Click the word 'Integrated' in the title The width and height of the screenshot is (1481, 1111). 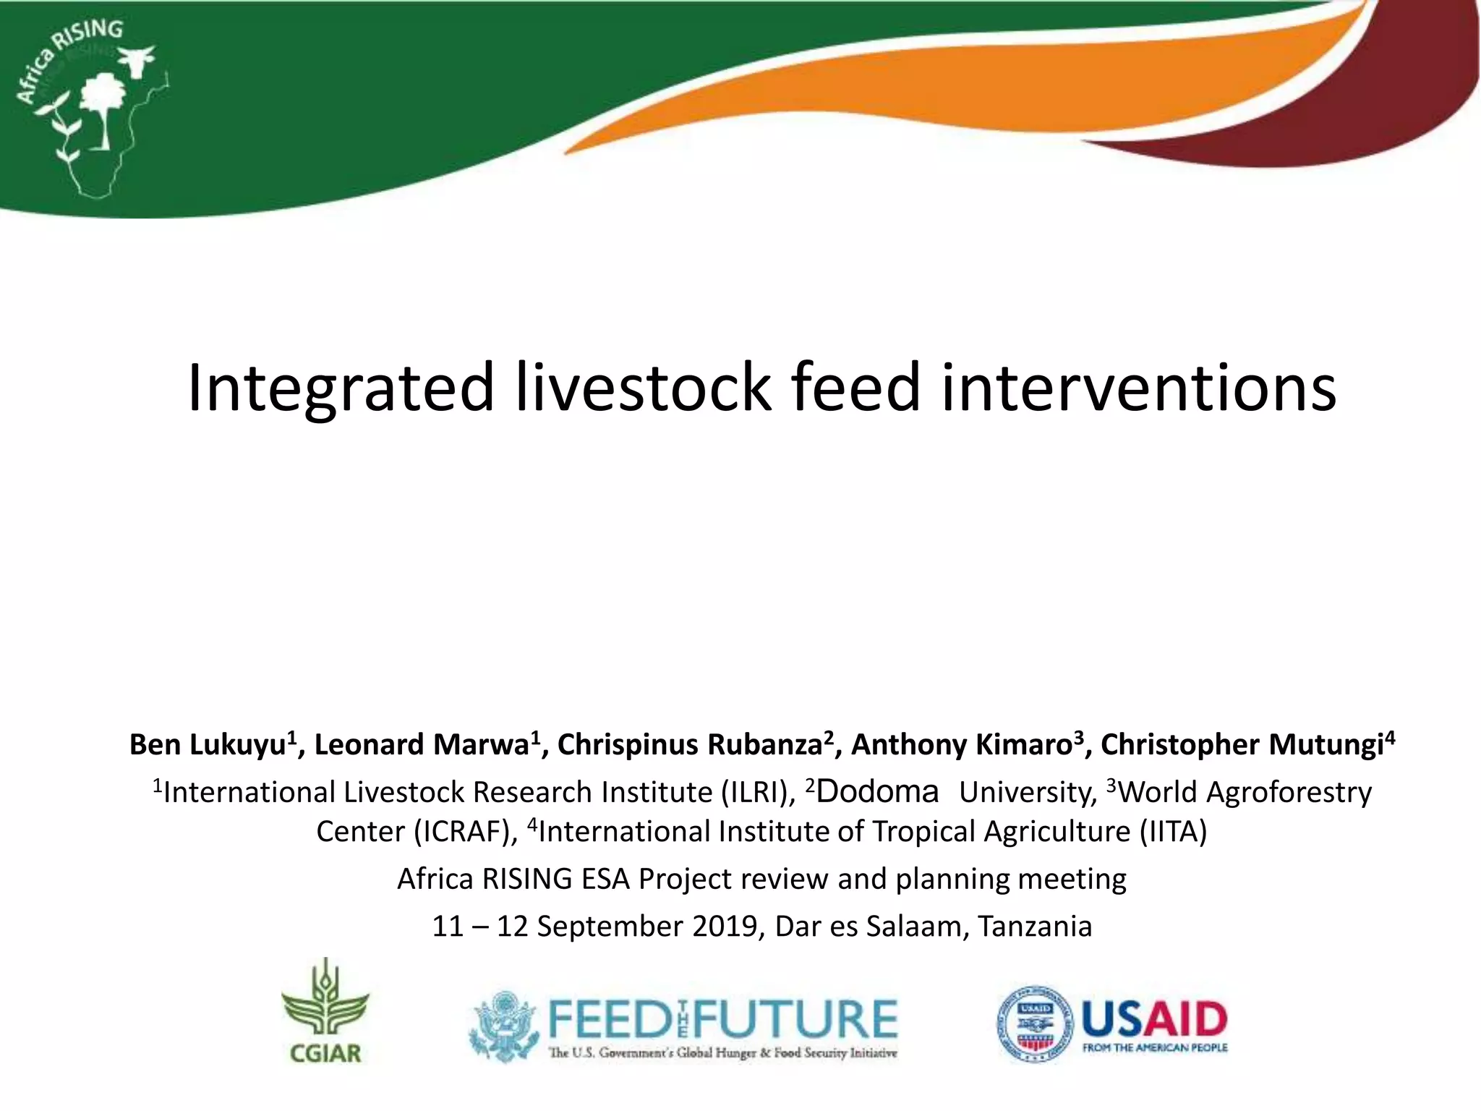coord(341,388)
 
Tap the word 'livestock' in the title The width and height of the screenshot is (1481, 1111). coord(643,388)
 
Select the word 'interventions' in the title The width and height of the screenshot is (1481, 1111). coord(1138,388)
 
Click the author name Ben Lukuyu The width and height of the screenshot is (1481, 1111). coord(208,744)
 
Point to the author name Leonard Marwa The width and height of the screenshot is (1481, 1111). coord(422,744)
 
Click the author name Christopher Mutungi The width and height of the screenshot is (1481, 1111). coord(1241,744)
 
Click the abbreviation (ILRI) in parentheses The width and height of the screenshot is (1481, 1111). coord(757,792)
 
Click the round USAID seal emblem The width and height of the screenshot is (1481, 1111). coord(1035,1023)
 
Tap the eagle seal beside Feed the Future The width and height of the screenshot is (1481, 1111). coord(503,1026)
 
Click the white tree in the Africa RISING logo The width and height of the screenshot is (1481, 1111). coord(101,105)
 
